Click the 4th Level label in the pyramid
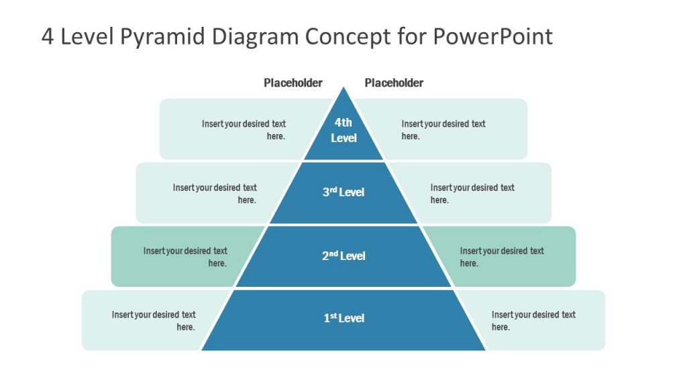point(343,130)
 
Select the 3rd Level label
point(343,192)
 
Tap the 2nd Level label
point(343,255)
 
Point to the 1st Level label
point(343,318)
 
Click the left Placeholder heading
point(293,83)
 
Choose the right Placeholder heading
point(394,83)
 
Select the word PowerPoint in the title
point(493,36)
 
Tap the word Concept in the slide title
point(347,36)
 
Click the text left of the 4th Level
point(244,130)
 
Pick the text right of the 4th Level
point(443,130)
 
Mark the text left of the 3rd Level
point(215,194)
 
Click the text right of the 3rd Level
point(472,194)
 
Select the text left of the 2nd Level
point(185,257)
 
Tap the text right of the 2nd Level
point(502,257)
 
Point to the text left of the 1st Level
point(154,320)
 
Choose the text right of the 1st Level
point(533,320)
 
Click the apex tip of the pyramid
point(343,88)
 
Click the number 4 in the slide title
point(48,36)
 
